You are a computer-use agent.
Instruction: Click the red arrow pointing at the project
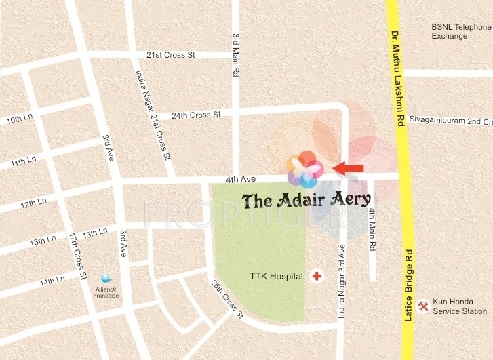point(348,167)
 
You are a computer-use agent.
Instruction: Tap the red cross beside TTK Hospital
point(316,275)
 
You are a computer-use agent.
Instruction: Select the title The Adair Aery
point(307,199)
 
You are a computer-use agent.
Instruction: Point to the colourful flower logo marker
point(304,169)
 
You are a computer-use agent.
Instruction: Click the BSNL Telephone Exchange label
point(462,31)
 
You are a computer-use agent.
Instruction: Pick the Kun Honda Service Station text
point(460,306)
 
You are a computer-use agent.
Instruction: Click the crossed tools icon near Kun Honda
point(423,306)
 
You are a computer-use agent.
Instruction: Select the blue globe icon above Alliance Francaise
point(105,278)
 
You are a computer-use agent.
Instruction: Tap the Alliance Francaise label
point(106,292)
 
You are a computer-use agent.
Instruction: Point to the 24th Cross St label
point(196,115)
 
